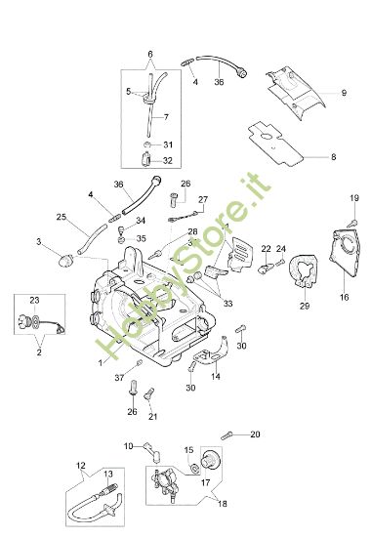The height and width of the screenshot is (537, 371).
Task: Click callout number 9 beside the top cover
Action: pyautogui.click(x=344, y=93)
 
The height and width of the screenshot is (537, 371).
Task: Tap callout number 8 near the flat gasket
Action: pyautogui.click(x=333, y=156)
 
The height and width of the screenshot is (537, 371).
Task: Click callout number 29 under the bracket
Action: pyautogui.click(x=303, y=307)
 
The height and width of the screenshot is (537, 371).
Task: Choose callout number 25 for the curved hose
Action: pyautogui.click(x=61, y=217)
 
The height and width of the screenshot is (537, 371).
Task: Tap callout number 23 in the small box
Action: pyautogui.click(x=34, y=300)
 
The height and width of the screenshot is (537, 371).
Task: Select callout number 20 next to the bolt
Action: pyautogui.click(x=256, y=434)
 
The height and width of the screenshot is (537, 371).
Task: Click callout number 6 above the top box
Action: pyautogui.click(x=149, y=53)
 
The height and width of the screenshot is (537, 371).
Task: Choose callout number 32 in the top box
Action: pyautogui.click(x=167, y=161)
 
